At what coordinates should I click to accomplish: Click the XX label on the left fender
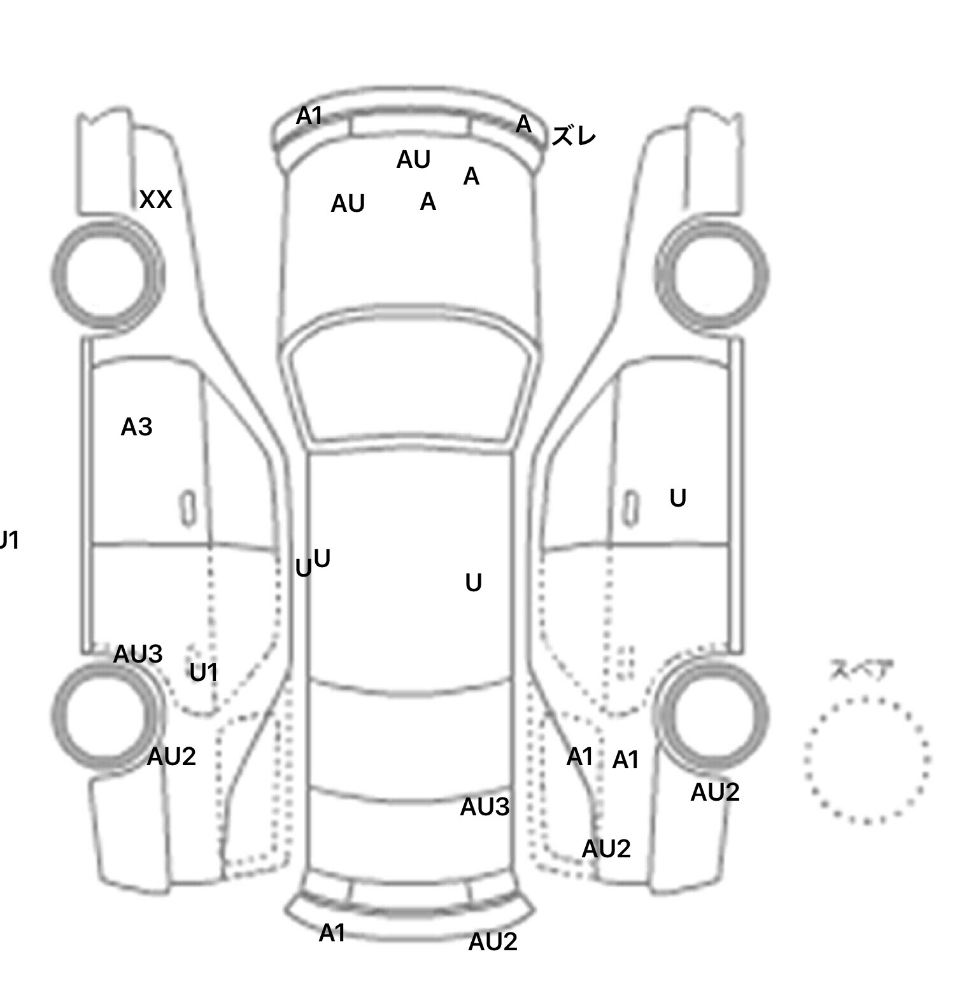pos(155,200)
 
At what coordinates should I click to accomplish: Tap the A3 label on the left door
pos(136,427)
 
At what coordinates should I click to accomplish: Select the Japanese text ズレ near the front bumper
pos(573,136)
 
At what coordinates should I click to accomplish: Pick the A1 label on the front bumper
pos(309,116)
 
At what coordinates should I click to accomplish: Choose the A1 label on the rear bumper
pos(332,933)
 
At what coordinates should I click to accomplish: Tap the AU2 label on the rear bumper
pos(492,942)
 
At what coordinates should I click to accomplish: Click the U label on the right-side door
pos(677,498)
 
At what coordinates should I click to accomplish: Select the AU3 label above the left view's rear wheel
pos(138,654)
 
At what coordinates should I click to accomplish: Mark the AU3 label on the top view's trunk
pos(485,807)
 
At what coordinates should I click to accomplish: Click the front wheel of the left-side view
pos(107,275)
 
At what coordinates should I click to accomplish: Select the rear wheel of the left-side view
pos(107,714)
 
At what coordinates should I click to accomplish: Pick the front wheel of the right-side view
pos(712,275)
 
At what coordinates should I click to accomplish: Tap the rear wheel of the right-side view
pos(712,714)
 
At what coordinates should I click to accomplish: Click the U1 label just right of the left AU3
pos(204,672)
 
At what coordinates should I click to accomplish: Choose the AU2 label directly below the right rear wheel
pos(714,792)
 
